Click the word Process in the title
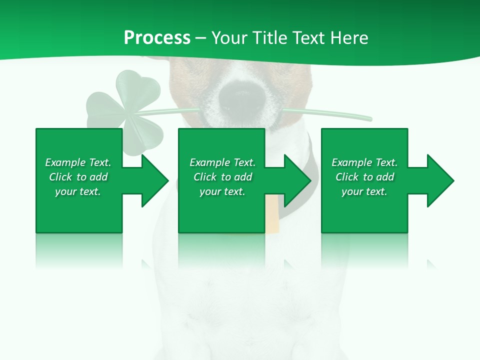coord(157,38)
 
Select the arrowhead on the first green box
coord(152,180)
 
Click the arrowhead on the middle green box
coord(295,180)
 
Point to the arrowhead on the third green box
coord(438,180)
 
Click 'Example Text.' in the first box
coord(78,162)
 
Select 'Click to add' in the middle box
coord(222,177)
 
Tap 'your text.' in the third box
coord(364,191)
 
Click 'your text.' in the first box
coord(78,191)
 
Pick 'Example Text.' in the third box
coord(364,162)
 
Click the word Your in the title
coord(230,38)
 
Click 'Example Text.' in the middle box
coord(222,162)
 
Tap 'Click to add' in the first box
coord(78,177)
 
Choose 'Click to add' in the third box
coord(364,177)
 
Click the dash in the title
coord(201,38)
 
